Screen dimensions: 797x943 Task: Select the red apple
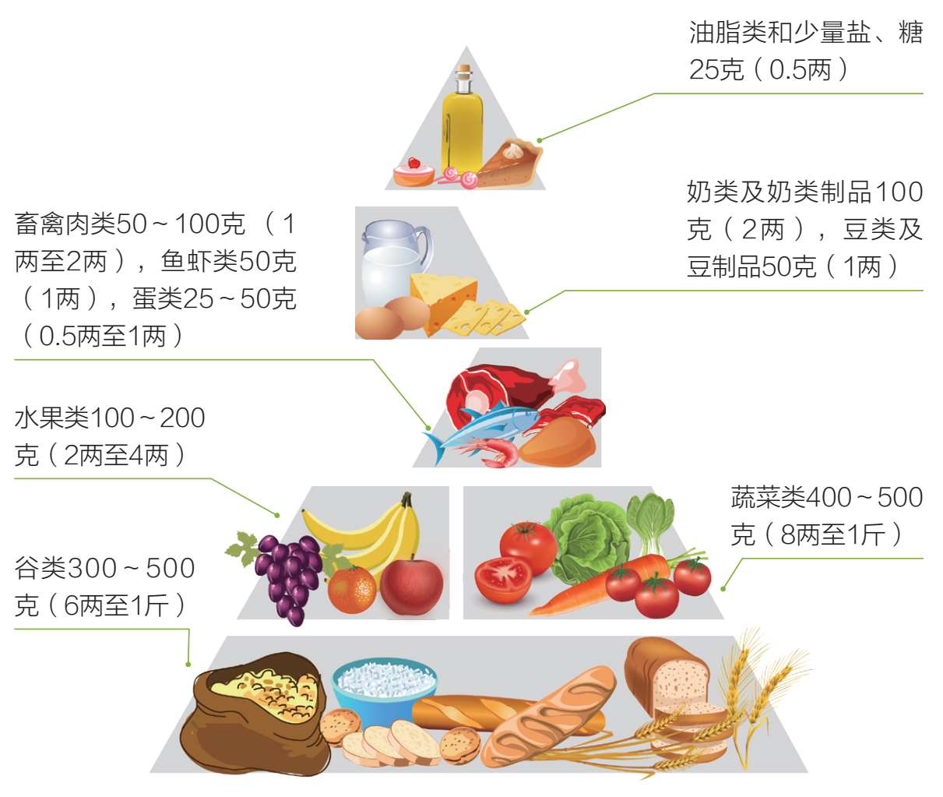click(x=411, y=587)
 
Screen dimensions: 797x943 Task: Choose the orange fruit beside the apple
click(x=352, y=590)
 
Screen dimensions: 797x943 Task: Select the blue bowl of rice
click(x=384, y=686)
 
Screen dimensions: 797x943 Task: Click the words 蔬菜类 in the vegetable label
click(x=768, y=497)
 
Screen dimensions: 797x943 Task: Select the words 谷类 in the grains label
click(x=40, y=568)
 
